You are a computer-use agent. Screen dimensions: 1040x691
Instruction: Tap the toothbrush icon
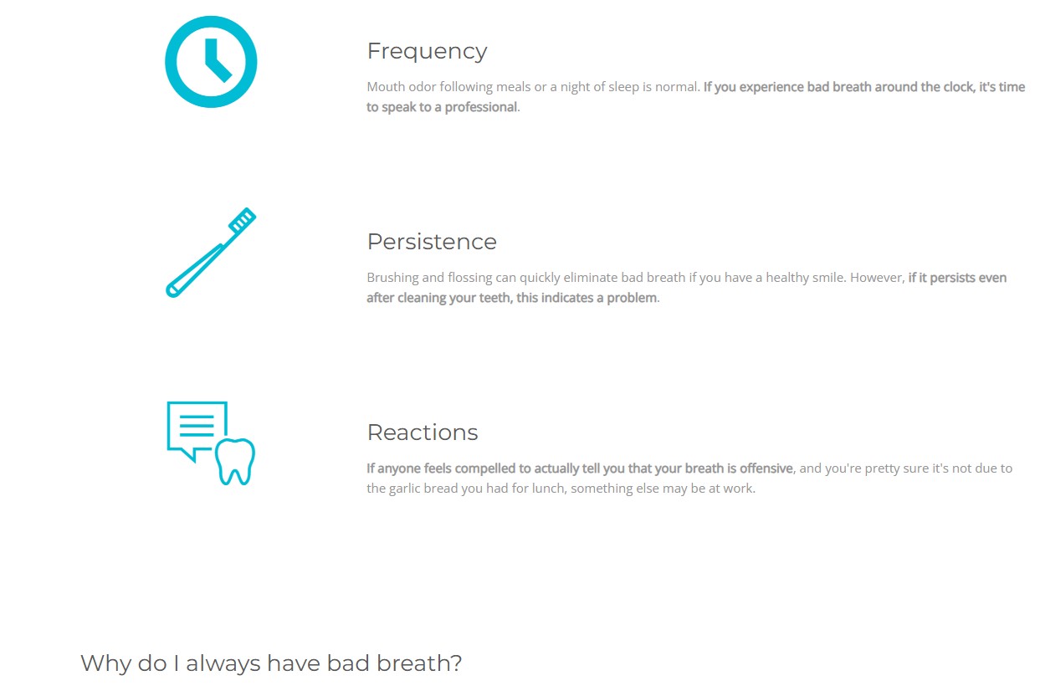pyautogui.click(x=211, y=253)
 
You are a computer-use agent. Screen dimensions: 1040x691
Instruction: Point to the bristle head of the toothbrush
pyautogui.click(x=242, y=219)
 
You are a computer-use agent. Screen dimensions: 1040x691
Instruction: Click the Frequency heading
pyautogui.click(x=428, y=51)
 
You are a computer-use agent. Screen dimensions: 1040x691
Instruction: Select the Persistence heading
pyautogui.click(x=432, y=242)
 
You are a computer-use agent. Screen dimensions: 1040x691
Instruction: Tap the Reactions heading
pyautogui.click(x=423, y=433)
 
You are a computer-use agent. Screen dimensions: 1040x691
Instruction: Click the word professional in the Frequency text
pyautogui.click(x=481, y=107)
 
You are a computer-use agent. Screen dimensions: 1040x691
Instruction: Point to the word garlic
pyautogui.click(x=404, y=489)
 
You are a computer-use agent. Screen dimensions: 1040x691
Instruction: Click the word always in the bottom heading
pyautogui.click(x=223, y=663)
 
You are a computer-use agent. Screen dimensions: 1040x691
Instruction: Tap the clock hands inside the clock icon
pyautogui.click(x=214, y=63)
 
